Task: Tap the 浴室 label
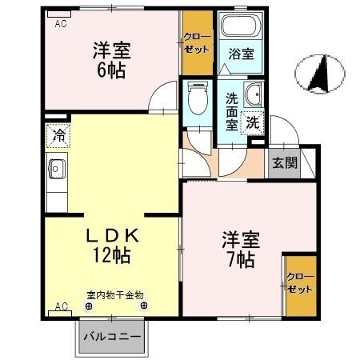coord(241,55)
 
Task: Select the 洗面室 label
coord(232,111)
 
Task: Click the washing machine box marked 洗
coord(252,124)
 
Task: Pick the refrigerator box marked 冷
coord(58,135)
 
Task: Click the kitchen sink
coord(58,169)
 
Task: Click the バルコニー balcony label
coord(114,337)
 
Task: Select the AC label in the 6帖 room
coord(59,23)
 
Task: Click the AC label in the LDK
coord(60,306)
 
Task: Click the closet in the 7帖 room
coord(300,284)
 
